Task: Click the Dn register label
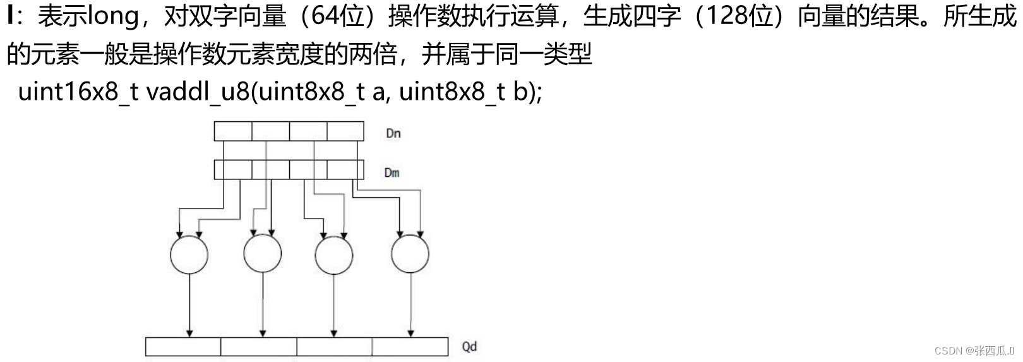(x=393, y=133)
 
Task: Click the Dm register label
(x=392, y=172)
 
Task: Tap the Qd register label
(x=469, y=346)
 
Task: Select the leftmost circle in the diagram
(x=189, y=255)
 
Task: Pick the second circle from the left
(x=262, y=254)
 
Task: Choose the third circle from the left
(x=334, y=255)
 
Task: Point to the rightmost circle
(x=410, y=254)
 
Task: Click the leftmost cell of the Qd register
(x=183, y=347)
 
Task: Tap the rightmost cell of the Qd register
(x=410, y=347)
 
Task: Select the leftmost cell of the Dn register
(x=233, y=131)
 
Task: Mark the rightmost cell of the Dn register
(x=345, y=131)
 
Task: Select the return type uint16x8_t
(x=78, y=92)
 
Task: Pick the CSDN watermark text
(x=973, y=351)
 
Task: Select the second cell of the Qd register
(x=259, y=347)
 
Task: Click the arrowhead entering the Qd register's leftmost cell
(x=189, y=334)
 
